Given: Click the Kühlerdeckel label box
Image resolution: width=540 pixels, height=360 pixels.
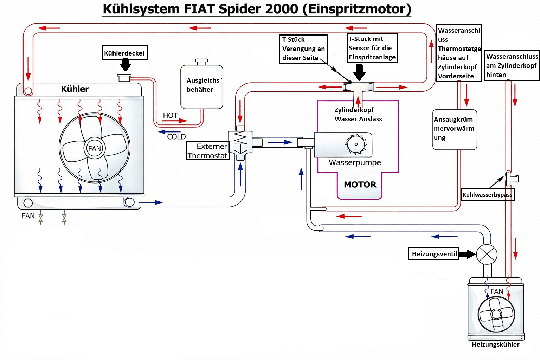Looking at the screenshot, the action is click(125, 52).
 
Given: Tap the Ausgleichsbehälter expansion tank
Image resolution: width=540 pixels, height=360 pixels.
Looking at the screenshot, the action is click(202, 85).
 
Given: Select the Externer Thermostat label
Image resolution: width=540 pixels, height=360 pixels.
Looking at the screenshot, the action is click(207, 151).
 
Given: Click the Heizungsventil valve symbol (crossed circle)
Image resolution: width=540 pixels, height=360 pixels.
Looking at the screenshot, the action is click(487, 255).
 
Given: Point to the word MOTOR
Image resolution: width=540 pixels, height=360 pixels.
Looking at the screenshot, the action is click(360, 185).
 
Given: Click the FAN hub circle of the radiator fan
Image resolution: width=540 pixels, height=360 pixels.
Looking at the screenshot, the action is click(95, 148).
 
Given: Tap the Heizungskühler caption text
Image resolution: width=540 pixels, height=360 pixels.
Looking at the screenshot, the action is click(495, 344).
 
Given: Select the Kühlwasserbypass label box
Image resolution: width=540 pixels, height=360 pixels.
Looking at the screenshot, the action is click(488, 195).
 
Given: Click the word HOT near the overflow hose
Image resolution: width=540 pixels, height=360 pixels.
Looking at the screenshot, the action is click(170, 115).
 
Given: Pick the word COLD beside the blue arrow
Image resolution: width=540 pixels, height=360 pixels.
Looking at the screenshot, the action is click(176, 137).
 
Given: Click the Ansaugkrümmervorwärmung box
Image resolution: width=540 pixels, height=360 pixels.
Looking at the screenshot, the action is click(455, 130).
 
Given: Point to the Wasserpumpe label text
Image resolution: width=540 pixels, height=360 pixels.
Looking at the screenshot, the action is click(355, 162).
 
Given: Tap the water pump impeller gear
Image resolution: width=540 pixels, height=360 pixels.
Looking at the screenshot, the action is click(356, 144).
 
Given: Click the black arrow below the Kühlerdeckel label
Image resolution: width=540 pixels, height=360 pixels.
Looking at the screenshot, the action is click(126, 65).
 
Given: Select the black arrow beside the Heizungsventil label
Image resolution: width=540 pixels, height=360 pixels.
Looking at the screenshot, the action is click(467, 254).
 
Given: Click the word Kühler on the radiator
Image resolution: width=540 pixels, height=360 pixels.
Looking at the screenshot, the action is click(75, 89).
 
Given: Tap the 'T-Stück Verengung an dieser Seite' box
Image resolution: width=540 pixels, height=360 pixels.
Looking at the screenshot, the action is click(303, 49).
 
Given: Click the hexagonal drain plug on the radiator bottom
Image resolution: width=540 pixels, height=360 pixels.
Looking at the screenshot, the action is click(28, 203).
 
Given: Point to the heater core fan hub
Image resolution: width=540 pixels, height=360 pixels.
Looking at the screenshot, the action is click(496, 314).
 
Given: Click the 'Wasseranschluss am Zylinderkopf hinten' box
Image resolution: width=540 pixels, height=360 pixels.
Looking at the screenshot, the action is click(512, 65).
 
